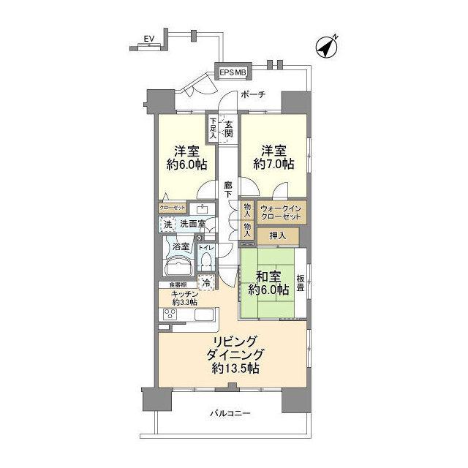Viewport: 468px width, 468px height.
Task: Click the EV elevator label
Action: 149,38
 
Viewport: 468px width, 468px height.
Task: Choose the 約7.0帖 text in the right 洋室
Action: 275,165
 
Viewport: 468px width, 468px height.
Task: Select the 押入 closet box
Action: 277,235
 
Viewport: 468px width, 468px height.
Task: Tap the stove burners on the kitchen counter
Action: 169,314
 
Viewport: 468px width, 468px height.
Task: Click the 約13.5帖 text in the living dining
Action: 237,368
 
